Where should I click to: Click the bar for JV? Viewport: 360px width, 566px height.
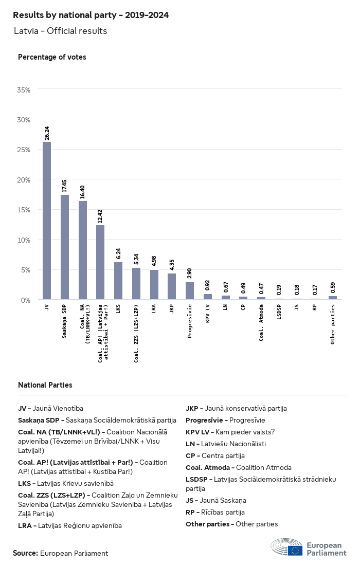(47, 221)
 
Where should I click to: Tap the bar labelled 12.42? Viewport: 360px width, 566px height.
(100, 262)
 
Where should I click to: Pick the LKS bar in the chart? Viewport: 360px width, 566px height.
(118, 281)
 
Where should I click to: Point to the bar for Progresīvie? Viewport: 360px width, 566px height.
(190, 290)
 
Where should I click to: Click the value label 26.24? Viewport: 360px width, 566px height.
(47, 132)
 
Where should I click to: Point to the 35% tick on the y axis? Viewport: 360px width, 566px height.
(24, 90)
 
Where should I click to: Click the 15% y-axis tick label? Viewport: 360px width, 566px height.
(24, 210)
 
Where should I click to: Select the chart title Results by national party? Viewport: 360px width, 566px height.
(91, 15)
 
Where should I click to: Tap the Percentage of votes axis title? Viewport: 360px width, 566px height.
(52, 57)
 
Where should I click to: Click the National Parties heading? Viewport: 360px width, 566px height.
(45, 385)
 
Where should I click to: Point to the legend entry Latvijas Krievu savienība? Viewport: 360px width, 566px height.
(66, 483)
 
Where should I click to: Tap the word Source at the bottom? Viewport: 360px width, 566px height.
(25, 553)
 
